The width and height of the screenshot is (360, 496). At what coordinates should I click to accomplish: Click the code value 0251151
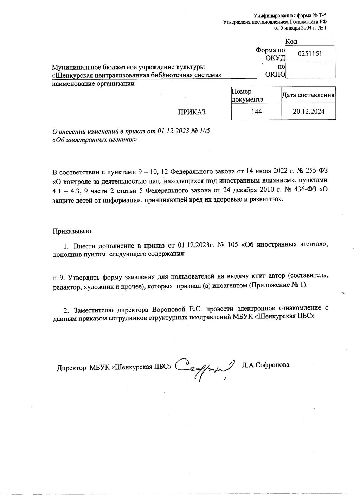coord(310,54)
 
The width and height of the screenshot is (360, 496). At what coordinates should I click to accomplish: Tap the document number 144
coord(257,112)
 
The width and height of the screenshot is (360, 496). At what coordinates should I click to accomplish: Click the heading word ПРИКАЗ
coord(192,112)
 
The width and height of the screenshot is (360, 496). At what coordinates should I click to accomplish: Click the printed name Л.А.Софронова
coord(265,365)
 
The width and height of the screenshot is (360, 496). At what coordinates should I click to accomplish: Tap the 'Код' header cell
coord(291,42)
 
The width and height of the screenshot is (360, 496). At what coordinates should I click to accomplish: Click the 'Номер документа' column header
coord(247,95)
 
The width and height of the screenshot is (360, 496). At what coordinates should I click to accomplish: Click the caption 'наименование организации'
coord(93,84)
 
